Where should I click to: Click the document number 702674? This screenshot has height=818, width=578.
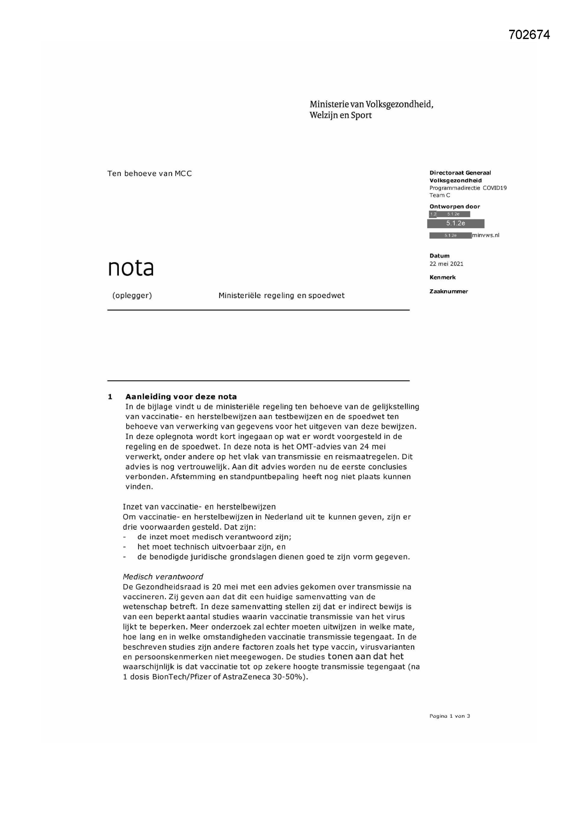click(x=529, y=35)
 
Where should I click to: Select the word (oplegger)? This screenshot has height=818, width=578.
click(x=132, y=295)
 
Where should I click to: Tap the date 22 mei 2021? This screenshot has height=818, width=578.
click(x=446, y=264)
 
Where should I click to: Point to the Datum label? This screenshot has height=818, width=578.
click(x=439, y=255)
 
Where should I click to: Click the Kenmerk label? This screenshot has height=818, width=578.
click(x=442, y=277)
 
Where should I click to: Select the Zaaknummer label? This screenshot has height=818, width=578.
click(x=448, y=291)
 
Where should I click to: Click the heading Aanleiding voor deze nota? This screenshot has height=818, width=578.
click(x=181, y=396)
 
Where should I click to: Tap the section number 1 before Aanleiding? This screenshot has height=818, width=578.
click(x=110, y=396)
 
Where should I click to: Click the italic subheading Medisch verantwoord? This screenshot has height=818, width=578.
click(x=162, y=577)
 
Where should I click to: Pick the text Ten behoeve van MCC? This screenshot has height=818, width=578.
click(x=150, y=174)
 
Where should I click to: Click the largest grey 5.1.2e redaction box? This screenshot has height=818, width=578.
click(x=456, y=223)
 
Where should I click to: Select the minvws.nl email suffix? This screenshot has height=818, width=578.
click(x=485, y=235)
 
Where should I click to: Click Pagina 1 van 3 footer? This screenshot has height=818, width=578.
click(x=449, y=716)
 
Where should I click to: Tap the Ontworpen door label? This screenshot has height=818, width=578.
click(x=455, y=206)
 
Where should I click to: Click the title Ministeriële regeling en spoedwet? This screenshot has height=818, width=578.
click(x=281, y=295)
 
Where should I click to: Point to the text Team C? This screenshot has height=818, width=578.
click(x=440, y=195)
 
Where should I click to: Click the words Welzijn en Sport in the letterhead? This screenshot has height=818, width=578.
click(x=340, y=115)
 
